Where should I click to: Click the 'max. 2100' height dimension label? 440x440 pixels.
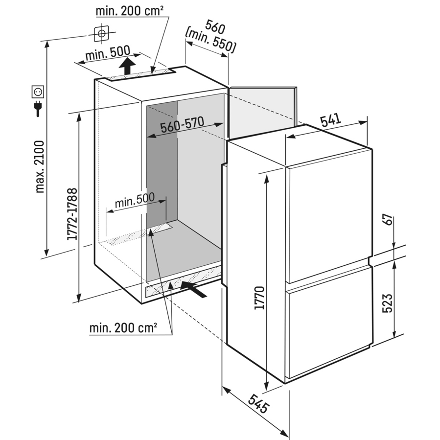pyautogui.click(x=40, y=167)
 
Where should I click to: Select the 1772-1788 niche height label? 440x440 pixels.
pyautogui.click(x=72, y=214)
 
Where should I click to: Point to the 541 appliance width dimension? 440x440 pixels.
pyautogui.click(x=331, y=119)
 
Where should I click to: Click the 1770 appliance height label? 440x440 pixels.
pyautogui.click(x=259, y=298)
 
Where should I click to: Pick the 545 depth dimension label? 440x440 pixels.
pyautogui.click(x=258, y=404)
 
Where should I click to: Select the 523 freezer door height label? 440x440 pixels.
pyautogui.click(x=387, y=303)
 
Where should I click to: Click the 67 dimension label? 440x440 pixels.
pyautogui.click(x=389, y=219)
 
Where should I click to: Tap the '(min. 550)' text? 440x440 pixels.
pyautogui.click(x=210, y=41)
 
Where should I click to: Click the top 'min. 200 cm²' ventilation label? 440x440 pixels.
pyautogui.click(x=130, y=11)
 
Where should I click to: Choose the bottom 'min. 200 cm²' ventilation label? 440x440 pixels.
pyautogui.click(x=123, y=327)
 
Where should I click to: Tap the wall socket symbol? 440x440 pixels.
pyautogui.click(x=38, y=92)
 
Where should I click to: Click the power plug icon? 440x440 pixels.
pyautogui.click(x=38, y=109)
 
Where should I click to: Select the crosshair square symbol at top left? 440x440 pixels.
pyautogui.click(x=101, y=34)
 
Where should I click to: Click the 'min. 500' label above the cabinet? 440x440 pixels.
pyautogui.click(x=108, y=53)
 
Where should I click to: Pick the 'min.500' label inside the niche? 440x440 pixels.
pyautogui.click(x=135, y=200)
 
